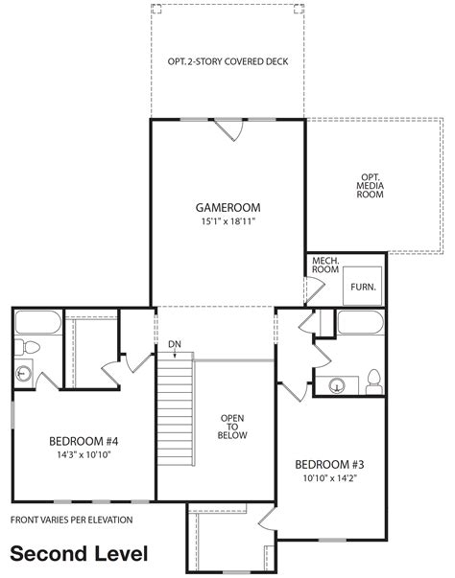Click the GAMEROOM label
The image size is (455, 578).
click(x=227, y=208)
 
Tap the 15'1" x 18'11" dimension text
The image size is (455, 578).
click(x=228, y=221)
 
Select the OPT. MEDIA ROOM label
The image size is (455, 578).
click(x=370, y=186)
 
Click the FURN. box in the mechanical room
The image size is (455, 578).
click(x=362, y=286)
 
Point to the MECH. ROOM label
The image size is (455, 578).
click(x=325, y=266)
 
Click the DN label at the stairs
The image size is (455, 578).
click(x=175, y=344)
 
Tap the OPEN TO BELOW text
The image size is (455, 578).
click(x=232, y=427)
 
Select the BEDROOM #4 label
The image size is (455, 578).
click(x=84, y=441)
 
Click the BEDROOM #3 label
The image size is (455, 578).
click(x=329, y=465)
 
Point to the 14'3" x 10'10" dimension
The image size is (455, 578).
click(x=84, y=454)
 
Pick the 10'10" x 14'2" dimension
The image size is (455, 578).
click(x=330, y=478)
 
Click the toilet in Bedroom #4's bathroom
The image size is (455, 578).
click(x=27, y=347)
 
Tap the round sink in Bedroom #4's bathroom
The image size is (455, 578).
click(x=24, y=374)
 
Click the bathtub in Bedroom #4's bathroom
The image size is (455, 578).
click(x=38, y=322)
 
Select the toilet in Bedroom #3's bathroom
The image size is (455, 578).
click(x=373, y=381)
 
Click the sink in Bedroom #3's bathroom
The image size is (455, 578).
click(x=337, y=385)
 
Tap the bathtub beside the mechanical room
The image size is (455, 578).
click(x=361, y=322)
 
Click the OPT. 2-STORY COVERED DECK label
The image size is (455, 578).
click(x=228, y=61)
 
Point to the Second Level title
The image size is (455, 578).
click(x=79, y=554)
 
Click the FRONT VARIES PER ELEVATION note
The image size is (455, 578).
click(x=72, y=520)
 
